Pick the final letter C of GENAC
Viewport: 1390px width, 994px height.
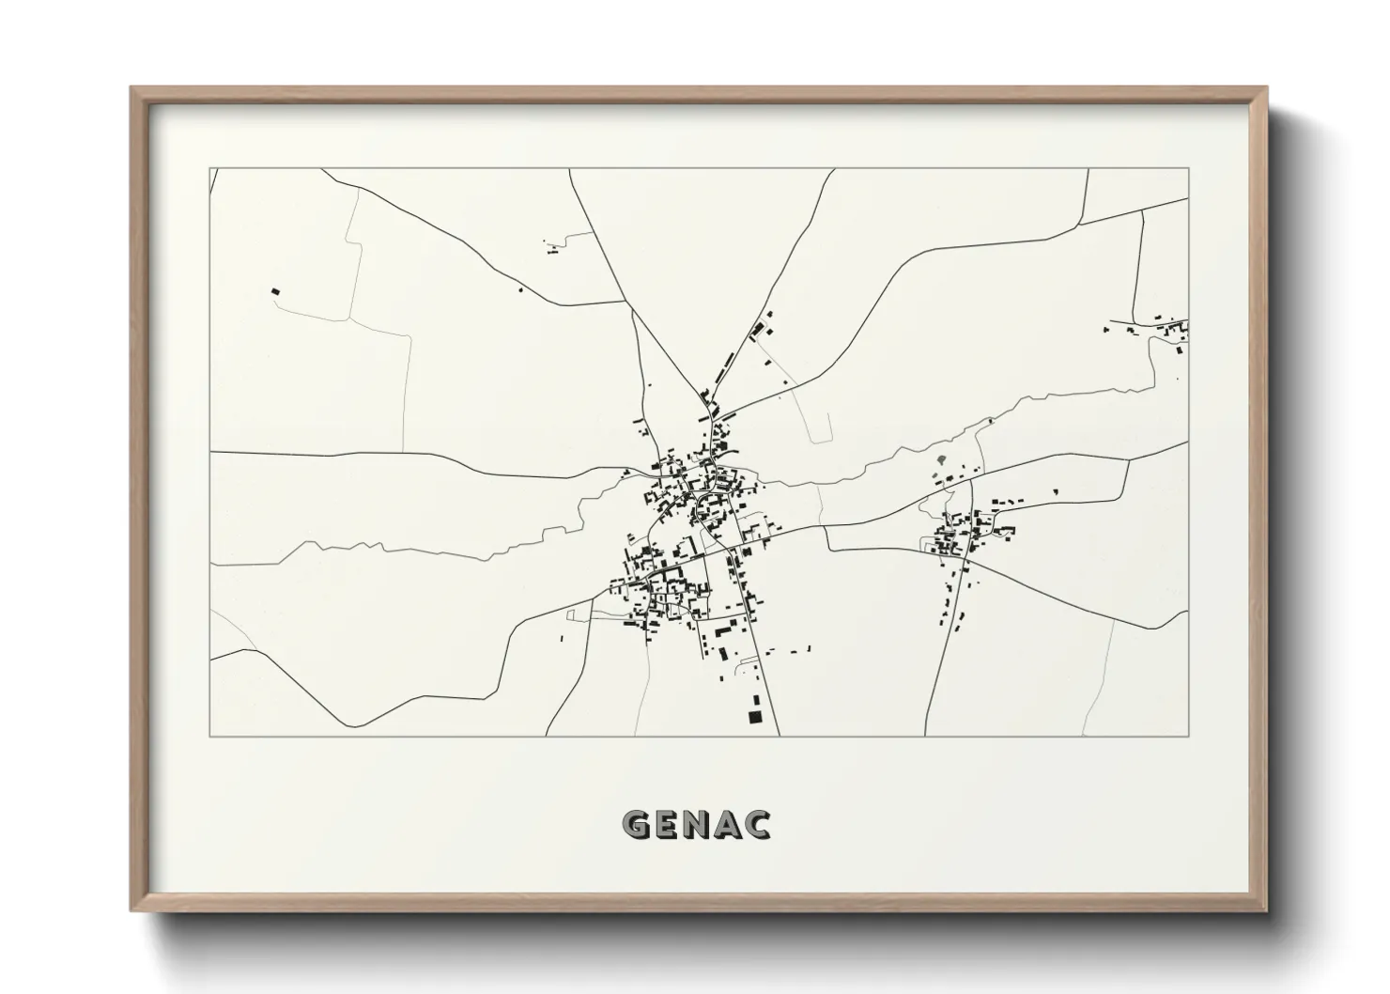pyautogui.click(x=757, y=824)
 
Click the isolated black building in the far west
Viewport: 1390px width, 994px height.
pyautogui.click(x=275, y=291)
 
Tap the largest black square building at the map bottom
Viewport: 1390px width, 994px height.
pyautogui.click(x=753, y=717)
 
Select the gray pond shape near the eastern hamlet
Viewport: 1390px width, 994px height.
pyautogui.click(x=941, y=460)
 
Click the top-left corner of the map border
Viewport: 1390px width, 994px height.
pyautogui.click(x=210, y=169)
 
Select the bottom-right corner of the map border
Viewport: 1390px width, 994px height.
pyautogui.click(x=1189, y=736)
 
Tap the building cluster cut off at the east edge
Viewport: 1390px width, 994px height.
pyautogui.click(x=1174, y=331)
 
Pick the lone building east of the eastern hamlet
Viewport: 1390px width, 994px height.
pyautogui.click(x=1055, y=490)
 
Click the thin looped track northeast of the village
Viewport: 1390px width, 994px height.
pyautogui.click(x=817, y=423)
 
